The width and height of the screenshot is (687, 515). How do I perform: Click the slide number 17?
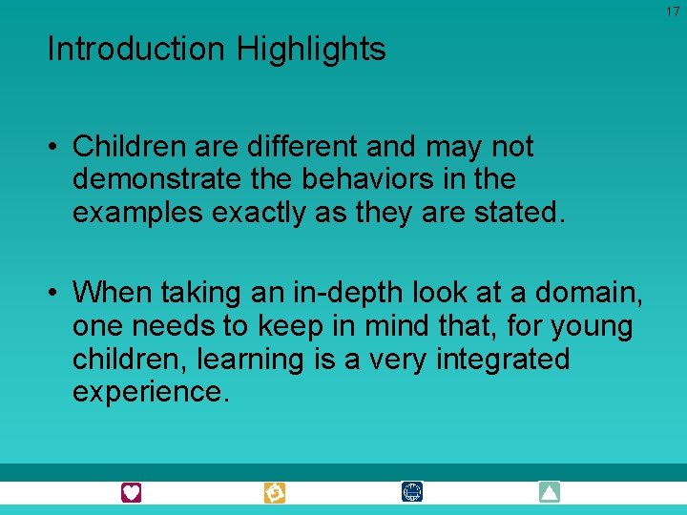coord(673,11)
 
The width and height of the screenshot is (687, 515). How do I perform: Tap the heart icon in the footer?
coord(132,492)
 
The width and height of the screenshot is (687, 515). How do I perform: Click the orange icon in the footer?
coord(275,492)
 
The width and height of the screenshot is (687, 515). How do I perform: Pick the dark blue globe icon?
coord(412,492)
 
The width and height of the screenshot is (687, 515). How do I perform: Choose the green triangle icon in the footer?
coord(549,492)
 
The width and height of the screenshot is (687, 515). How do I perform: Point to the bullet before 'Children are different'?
coord(55,147)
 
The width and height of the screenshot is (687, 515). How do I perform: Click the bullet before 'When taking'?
coord(55,290)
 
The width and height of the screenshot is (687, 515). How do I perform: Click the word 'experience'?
coord(151,392)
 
